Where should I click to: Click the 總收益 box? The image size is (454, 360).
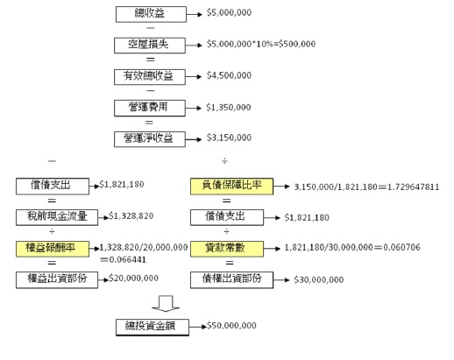tap(151, 14)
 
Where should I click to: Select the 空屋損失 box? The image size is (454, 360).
tap(150, 46)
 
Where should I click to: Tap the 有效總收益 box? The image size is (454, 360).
tap(150, 77)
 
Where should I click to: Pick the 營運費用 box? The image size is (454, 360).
tap(150, 108)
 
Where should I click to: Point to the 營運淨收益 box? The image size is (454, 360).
tap(150, 139)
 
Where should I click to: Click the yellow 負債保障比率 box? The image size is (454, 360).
tap(231, 186)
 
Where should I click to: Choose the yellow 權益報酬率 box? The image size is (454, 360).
tap(53, 249)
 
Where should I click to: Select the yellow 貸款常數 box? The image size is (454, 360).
tap(227, 249)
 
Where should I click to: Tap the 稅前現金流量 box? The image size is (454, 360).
tap(57, 217)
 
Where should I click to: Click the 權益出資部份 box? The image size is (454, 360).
tap(57, 279)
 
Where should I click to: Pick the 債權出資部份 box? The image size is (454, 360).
tap(231, 279)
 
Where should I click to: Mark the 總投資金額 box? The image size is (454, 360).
tap(153, 327)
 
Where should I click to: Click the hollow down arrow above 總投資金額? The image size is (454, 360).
tap(166, 304)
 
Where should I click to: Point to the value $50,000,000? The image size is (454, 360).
tap(231, 325)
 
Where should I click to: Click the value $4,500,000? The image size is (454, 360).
tap(229, 75)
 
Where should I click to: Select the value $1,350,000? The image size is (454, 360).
tap(229, 107)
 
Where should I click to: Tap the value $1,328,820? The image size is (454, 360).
tap(131, 215)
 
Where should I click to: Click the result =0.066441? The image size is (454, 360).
tap(123, 259)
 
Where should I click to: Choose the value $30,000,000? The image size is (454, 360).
tap(319, 279)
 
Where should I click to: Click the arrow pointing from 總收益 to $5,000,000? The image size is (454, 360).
tap(195, 14)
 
